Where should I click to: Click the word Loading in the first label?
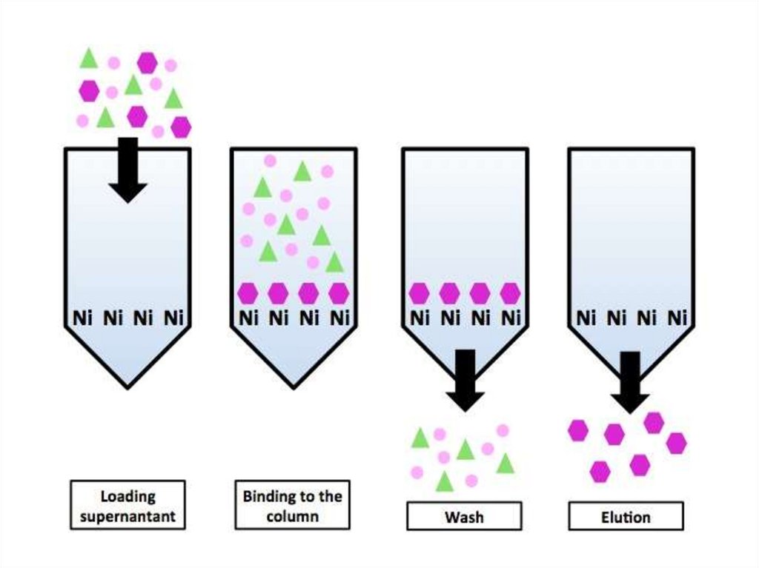(127, 495)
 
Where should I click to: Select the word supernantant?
(127, 515)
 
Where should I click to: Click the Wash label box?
(463, 516)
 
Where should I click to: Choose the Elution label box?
(626, 516)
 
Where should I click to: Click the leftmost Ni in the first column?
(82, 318)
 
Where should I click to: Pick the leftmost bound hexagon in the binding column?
(248, 293)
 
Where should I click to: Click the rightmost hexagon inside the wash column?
(510, 293)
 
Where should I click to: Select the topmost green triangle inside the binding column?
(301, 172)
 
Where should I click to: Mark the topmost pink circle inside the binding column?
(270, 161)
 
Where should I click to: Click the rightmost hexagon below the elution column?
(676, 443)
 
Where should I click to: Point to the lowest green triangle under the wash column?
(444, 482)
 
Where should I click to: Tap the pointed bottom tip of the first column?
(127, 386)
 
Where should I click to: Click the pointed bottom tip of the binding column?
(294, 386)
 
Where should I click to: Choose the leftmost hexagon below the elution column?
(578, 430)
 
